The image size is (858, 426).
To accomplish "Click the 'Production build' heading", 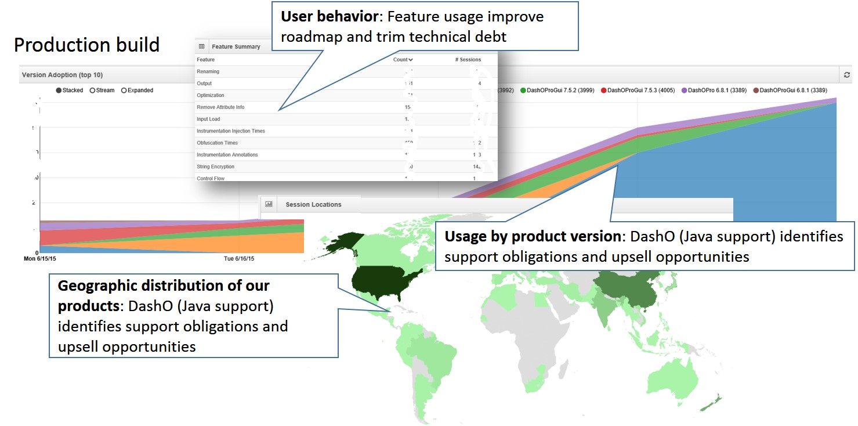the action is click(86, 45).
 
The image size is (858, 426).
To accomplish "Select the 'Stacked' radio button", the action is click(59, 91).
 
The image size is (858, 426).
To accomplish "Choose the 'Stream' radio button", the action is click(93, 91).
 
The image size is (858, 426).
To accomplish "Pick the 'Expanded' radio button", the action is click(124, 91).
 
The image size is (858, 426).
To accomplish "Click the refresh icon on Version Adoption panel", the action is click(846, 75).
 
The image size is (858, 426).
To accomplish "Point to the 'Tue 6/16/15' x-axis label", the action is click(239, 259).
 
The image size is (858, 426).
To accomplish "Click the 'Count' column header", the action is click(403, 59).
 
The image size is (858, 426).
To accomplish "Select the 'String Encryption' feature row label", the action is click(215, 167).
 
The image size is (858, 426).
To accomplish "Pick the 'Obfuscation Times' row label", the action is click(217, 143).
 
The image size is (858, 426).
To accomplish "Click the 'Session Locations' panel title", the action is click(313, 204).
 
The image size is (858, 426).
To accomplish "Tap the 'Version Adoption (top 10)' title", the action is click(62, 75).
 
